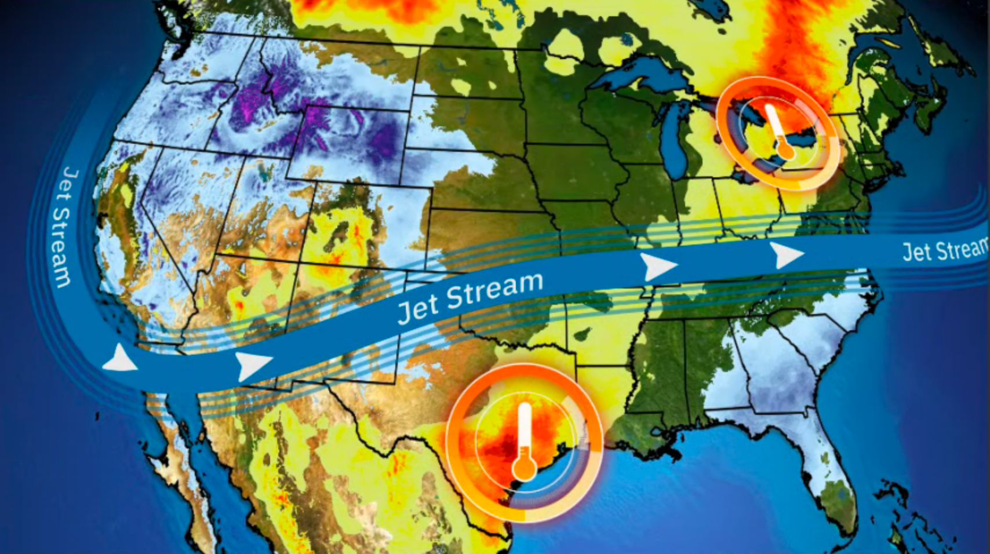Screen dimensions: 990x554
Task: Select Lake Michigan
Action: (x=672, y=145)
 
